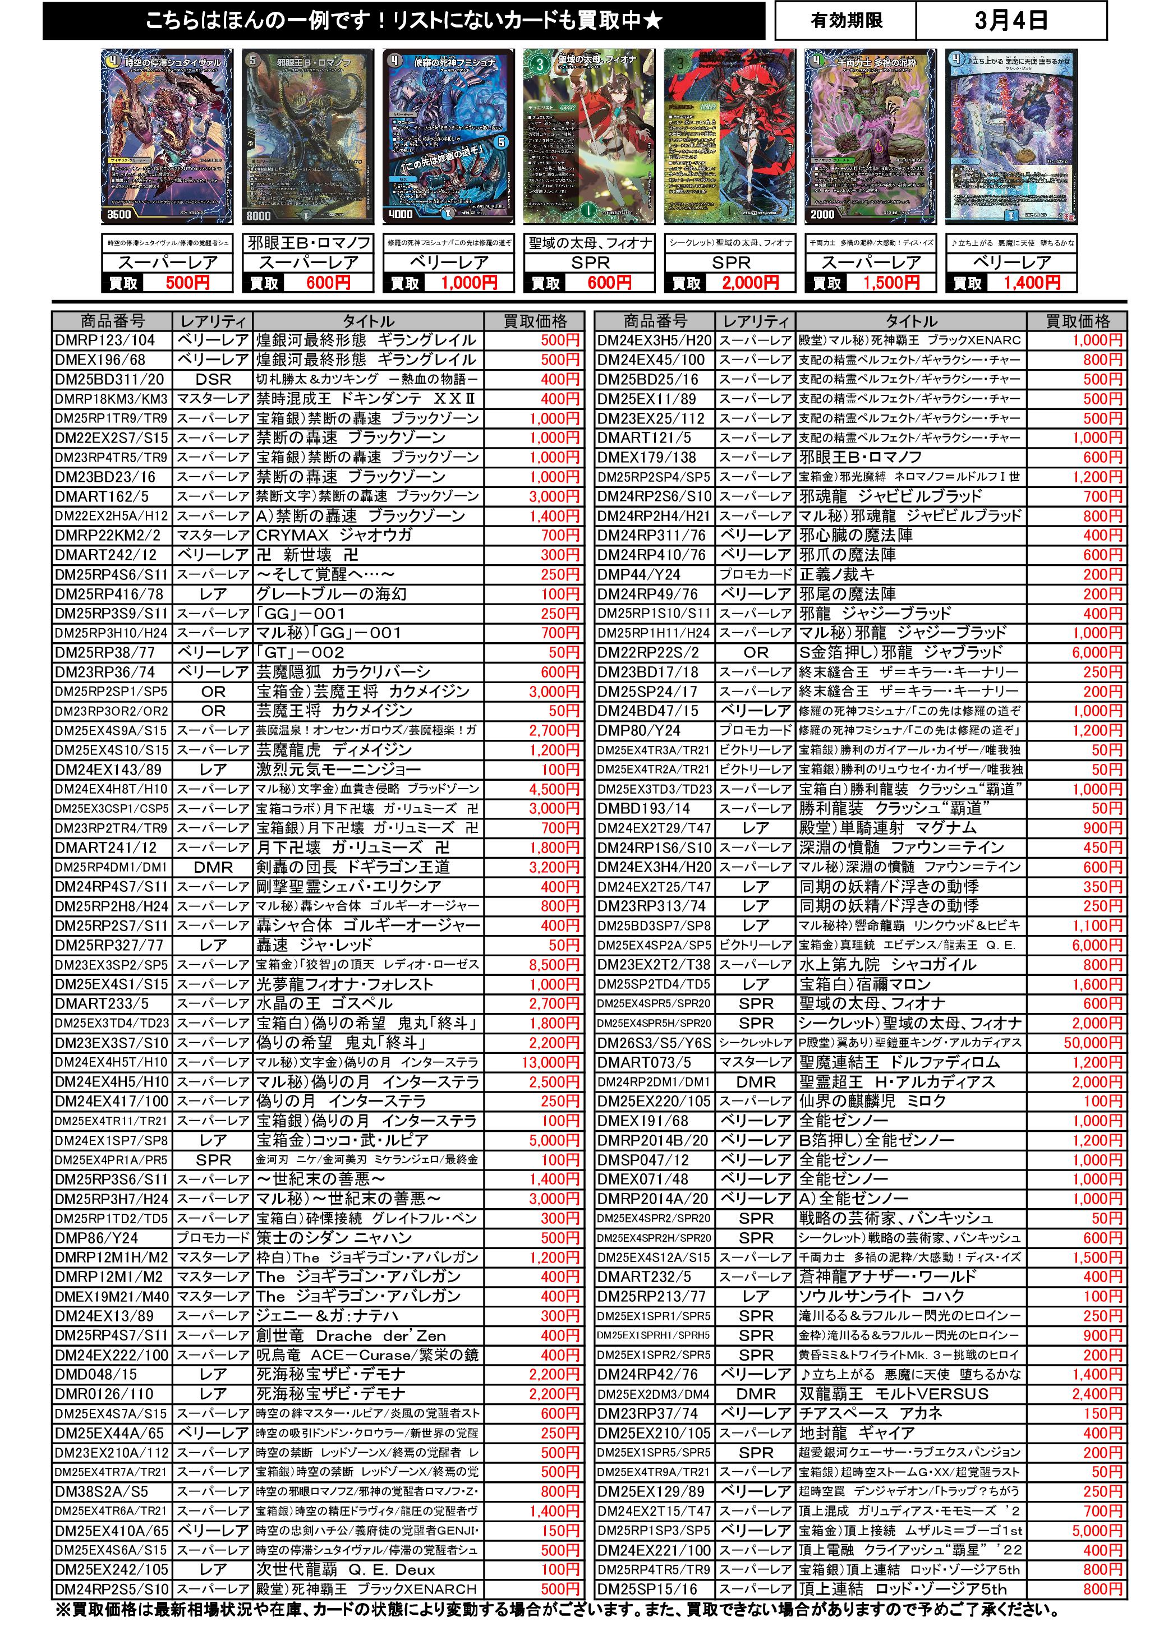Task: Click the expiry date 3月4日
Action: pos(1010,21)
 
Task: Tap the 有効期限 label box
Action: pos(846,21)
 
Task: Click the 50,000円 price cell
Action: pos(1093,1043)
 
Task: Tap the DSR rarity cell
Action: pos(213,379)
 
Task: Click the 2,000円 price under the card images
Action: pos(749,283)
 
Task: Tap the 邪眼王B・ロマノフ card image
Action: pos(307,136)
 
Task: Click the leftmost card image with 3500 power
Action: pos(167,136)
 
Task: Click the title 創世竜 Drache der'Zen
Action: pos(351,1335)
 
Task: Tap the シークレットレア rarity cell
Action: pos(755,1043)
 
